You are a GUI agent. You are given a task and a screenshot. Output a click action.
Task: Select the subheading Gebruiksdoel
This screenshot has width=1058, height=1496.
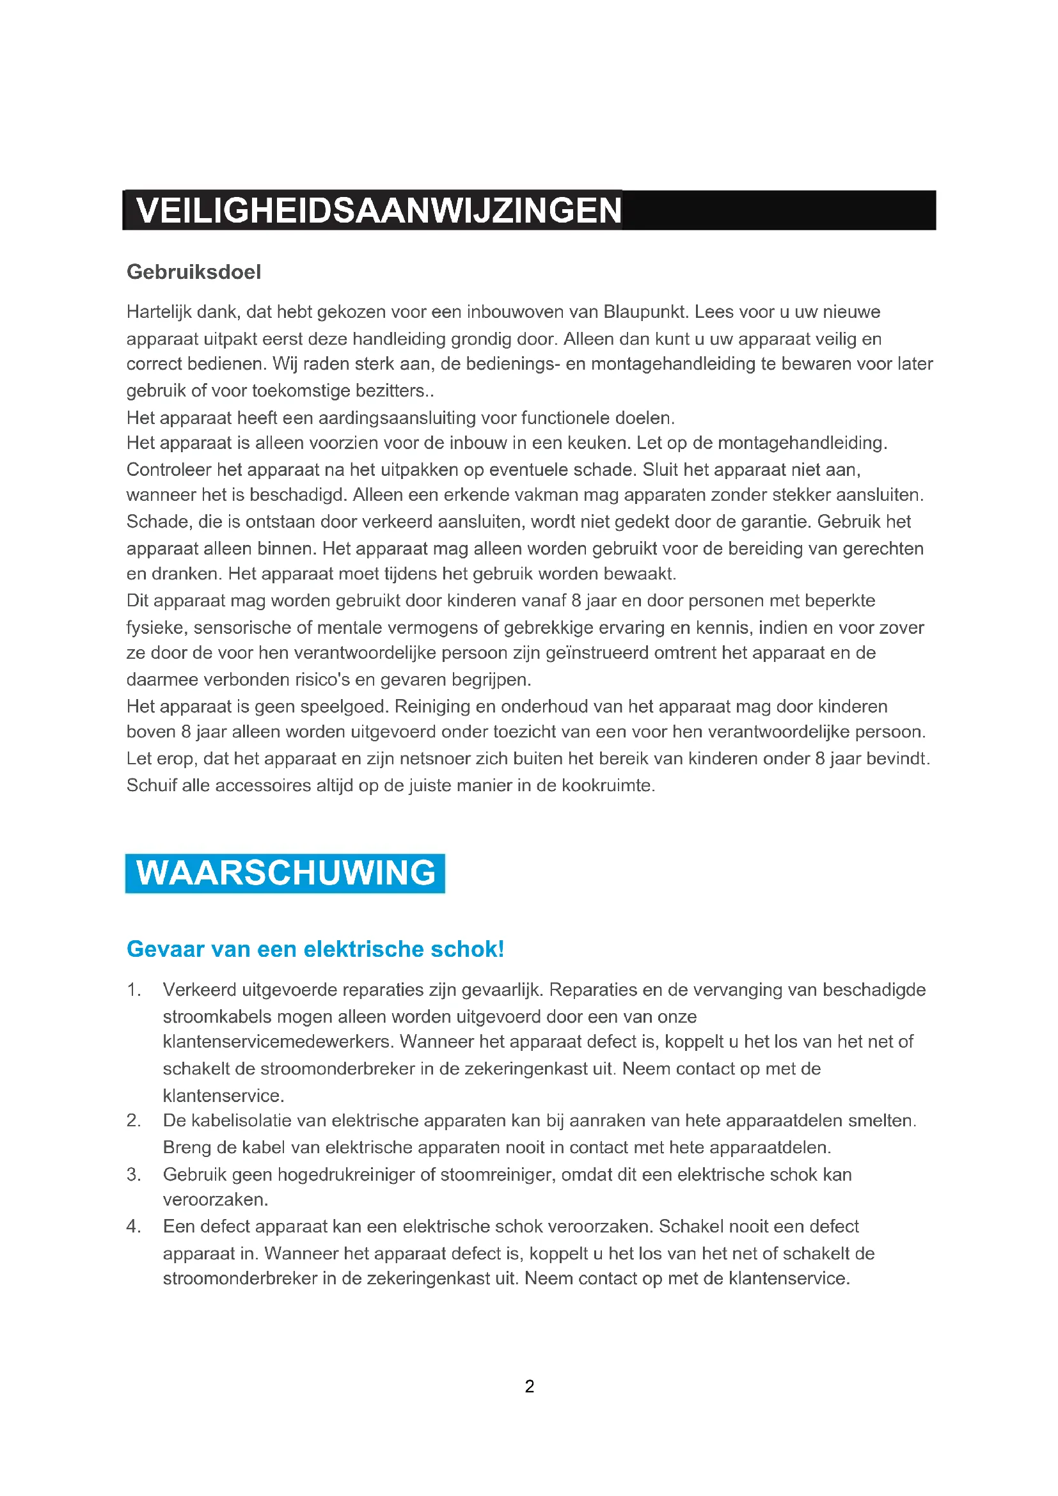(x=193, y=272)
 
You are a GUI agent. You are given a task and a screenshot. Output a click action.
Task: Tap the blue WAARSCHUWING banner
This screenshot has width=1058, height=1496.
(x=285, y=873)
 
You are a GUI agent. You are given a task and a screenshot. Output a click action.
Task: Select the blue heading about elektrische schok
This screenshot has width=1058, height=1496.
(x=315, y=949)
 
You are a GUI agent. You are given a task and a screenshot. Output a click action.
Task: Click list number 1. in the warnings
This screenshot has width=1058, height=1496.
(x=134, y=989)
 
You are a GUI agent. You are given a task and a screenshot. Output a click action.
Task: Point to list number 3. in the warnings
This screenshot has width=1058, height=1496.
(x=134, y=1174)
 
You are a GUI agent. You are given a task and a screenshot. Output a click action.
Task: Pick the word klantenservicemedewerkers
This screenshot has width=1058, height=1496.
(x=278, y=1042)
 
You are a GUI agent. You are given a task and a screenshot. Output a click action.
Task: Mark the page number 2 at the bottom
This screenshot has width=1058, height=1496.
(x=529, y=1387)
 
